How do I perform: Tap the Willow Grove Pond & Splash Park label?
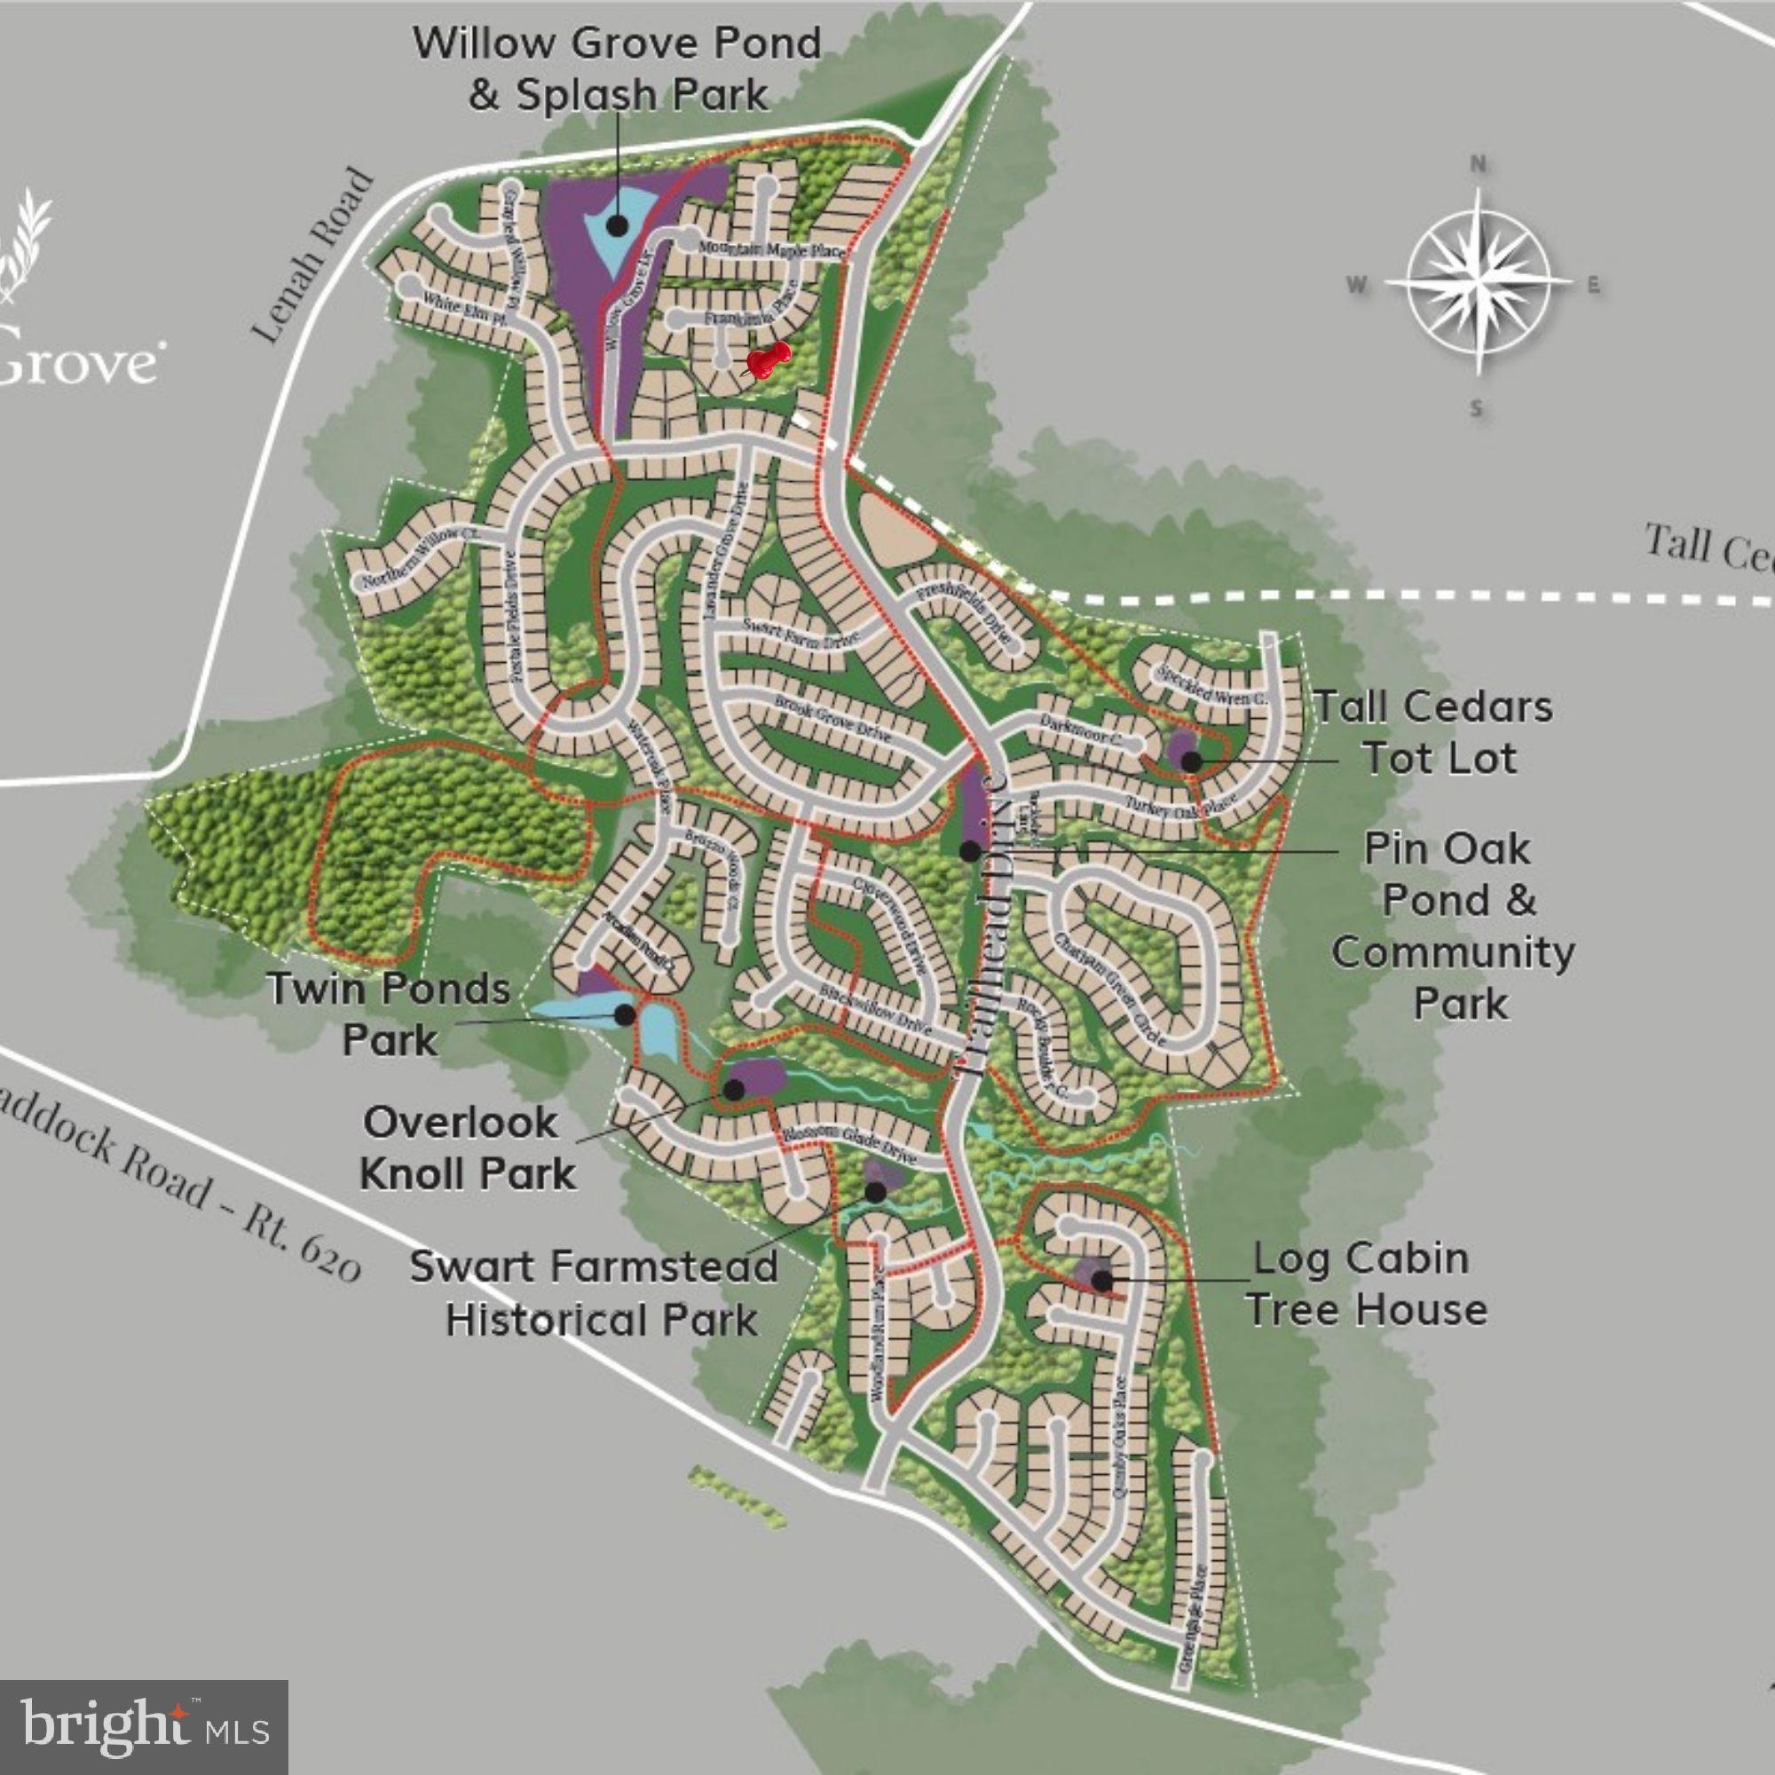(617, 69)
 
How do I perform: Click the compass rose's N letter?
(1479, 164)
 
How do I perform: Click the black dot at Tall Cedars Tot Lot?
(1191, 761)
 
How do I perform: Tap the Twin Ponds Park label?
(390, 1014)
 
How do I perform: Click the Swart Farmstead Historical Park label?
(595, 1293)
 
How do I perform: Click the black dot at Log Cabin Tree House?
(1100, 1280)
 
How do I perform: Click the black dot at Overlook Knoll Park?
(733, 1090)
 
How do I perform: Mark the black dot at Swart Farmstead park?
(876, 1192)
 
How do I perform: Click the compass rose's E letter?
(1593, 285)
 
